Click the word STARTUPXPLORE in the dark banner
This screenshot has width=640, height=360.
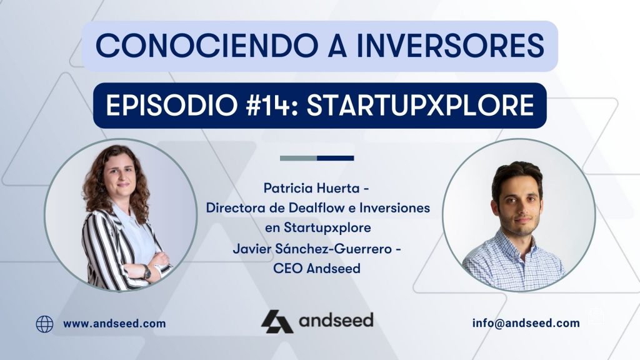(x=422, y=106)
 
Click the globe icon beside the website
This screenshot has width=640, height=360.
(x=44, y=324)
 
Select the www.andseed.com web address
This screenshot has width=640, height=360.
(x=114, y=324)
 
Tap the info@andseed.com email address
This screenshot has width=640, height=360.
(x=526, y=323)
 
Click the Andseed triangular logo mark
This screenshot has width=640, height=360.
(x=276, y=321)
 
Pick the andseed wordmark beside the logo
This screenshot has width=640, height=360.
(x=336, y=321)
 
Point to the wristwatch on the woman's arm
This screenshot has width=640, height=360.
(x=146, y=271)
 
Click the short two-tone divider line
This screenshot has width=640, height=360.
(x=317, y=158)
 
